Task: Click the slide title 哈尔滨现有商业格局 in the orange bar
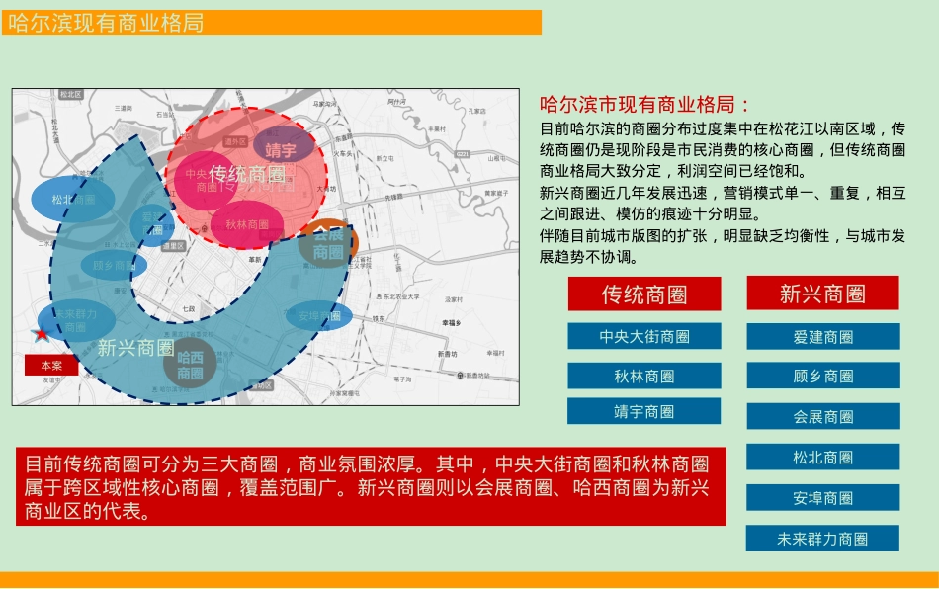[x=106, y=23]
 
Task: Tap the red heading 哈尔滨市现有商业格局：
[x=645, y=105]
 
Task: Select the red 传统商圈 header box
[x=644, y=294]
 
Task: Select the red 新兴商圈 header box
[x=822, y=294]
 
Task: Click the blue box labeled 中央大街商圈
[x=644, y=336]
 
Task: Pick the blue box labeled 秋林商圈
[x=644, y=376]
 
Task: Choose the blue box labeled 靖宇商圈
[x=644, y=411]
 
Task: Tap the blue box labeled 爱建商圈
[x=822, y=336]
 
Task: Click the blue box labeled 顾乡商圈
[x=822, y=376]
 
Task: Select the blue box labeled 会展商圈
[x=822, y=416]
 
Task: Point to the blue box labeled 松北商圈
[x=822, y=457]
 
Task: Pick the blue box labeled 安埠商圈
[x=822, y=497]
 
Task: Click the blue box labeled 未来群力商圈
[x=822, y=539]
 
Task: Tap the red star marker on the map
[x=41, y=334]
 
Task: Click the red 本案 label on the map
[x=51, y=365]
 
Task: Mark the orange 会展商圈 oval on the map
[x=328, y=244]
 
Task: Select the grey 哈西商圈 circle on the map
[x=190, y=365]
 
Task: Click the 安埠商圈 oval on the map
[x=319, y=316]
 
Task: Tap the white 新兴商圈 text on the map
[x=136, y=348]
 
